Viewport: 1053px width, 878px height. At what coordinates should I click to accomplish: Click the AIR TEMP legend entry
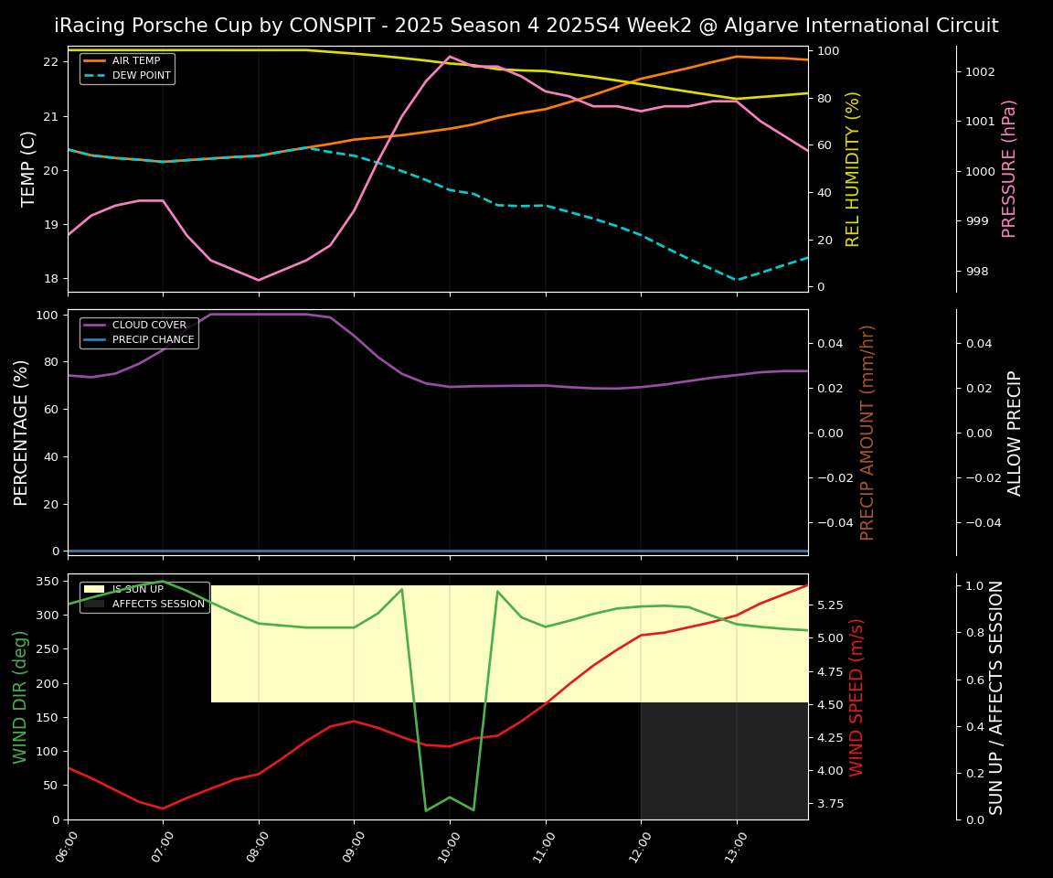click(135, 61)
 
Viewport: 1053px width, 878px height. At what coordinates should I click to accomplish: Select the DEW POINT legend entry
click(141, 75)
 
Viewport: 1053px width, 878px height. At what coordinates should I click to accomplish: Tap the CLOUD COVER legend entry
click(148, 326)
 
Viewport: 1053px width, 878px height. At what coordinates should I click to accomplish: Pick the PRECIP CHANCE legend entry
click(153, 339)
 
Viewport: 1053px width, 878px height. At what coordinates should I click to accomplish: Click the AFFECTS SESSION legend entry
click(157, 604)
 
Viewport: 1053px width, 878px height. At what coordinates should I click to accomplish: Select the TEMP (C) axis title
click(29, 168)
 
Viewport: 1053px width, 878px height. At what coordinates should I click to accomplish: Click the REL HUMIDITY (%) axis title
click(854, 168)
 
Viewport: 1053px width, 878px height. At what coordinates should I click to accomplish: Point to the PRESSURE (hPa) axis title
click(1009, 168)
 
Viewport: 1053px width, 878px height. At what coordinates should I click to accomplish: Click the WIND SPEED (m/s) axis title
click(857, 697)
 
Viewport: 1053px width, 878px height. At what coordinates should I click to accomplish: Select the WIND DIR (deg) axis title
click(20, 697)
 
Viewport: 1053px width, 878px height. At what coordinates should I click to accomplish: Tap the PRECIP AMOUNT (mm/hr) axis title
click(868, 432)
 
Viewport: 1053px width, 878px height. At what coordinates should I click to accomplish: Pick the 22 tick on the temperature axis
click(50, 62)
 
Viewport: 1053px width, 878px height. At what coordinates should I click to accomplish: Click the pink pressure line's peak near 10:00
click(449, 57)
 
